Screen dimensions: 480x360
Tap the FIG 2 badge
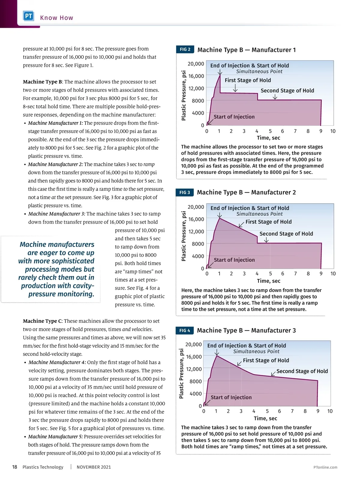click(185, 49)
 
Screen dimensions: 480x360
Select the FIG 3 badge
click(184, 192)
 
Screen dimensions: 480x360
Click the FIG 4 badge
click(184, 330)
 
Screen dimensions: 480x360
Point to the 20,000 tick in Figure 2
click(196, 64)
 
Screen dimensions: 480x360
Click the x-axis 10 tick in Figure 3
click(333, 274)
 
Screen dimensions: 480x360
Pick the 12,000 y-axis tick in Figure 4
click(194, 369)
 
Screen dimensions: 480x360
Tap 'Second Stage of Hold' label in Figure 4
click(302, 371)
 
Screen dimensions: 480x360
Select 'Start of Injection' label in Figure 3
click(234, 260)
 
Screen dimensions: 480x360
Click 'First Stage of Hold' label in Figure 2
click(248, 80)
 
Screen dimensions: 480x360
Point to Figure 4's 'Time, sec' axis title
click(265, 418)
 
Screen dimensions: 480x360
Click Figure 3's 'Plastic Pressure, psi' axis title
click(184, 236)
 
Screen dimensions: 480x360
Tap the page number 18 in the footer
click(14, 467)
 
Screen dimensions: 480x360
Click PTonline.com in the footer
click(325, 467)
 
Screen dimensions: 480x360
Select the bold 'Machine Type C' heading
click(43, 321)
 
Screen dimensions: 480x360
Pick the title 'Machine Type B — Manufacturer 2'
click(246, 192)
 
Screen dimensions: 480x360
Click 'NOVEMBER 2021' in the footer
click(94, 467)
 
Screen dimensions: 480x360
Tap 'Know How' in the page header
click(57, 18)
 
